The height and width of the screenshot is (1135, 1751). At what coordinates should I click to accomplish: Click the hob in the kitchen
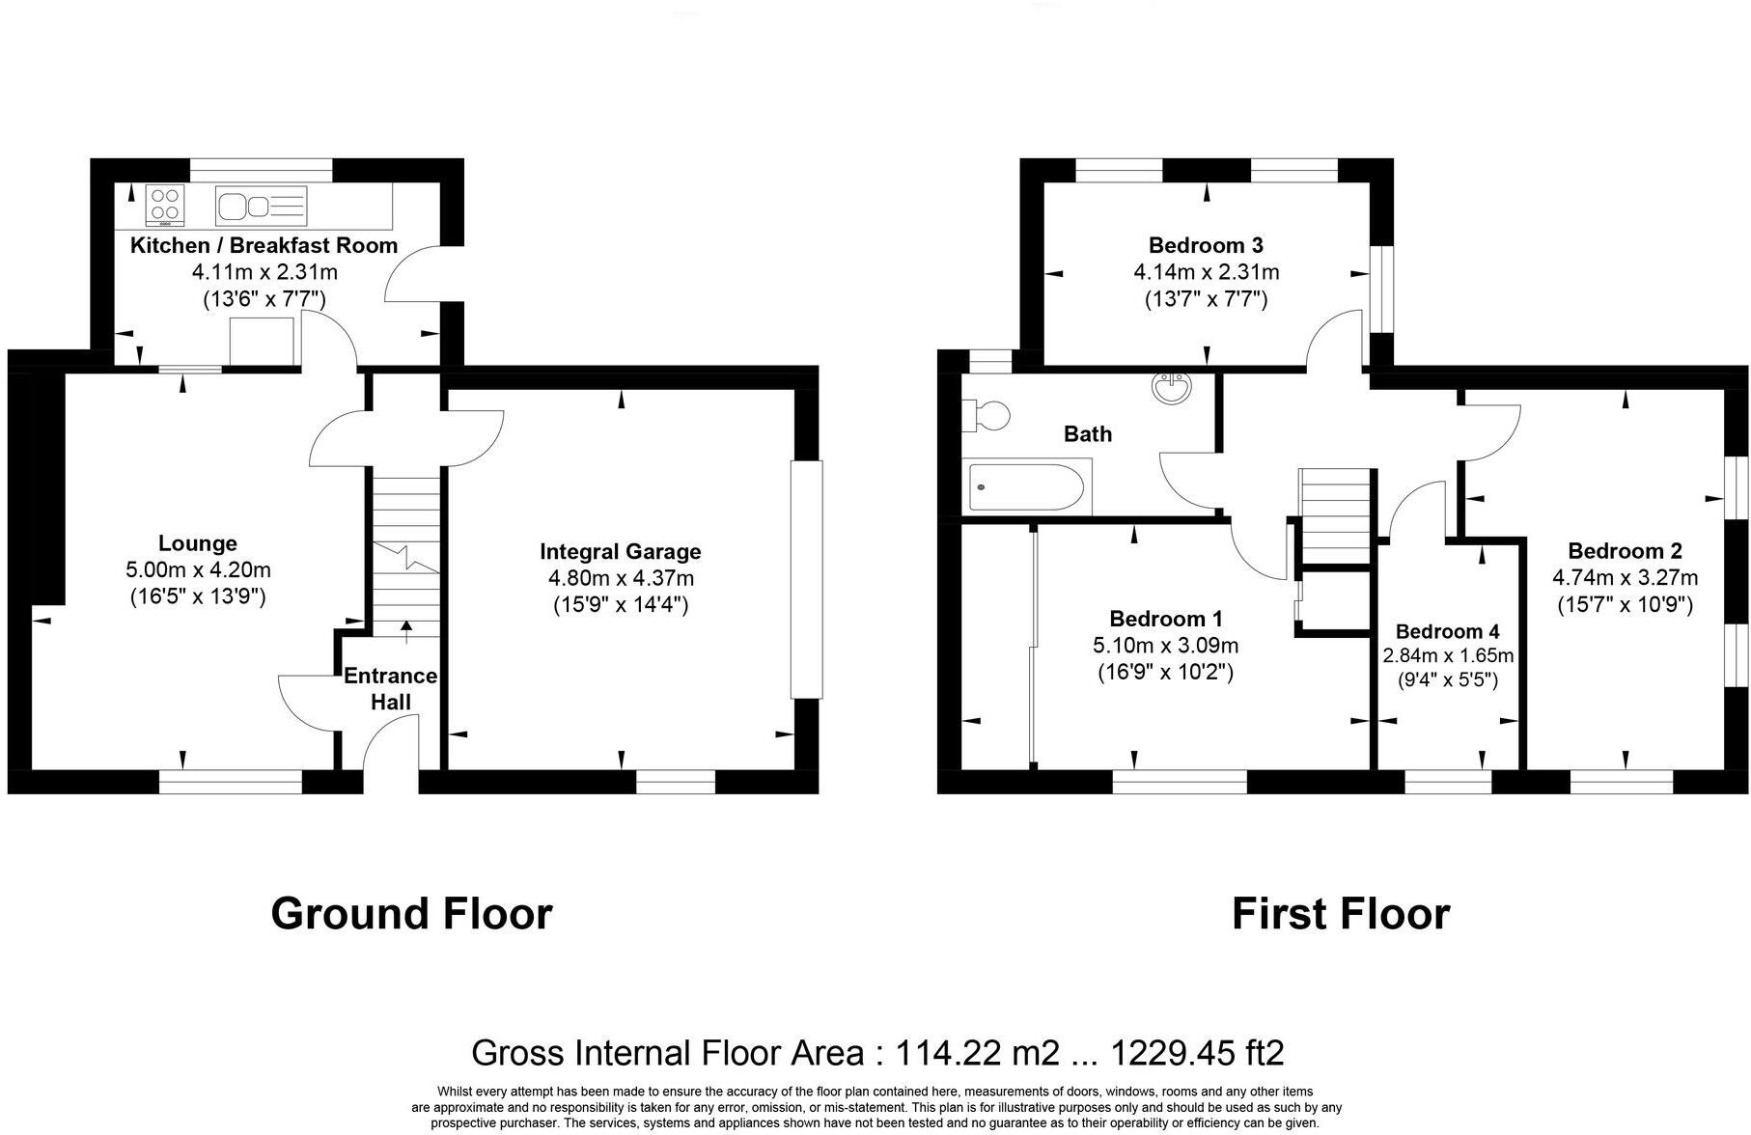click(165, 205)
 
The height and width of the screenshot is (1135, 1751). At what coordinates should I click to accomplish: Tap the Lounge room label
click(198, 543)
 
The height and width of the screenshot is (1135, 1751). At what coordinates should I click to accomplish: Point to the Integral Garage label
click(620, 552)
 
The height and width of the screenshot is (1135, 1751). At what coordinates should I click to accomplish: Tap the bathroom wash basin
click(1172, 388)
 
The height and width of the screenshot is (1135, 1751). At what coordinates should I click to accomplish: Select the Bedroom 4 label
click(1447, 632)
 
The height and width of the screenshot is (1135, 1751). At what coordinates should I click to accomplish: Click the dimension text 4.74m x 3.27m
click(1625, 578)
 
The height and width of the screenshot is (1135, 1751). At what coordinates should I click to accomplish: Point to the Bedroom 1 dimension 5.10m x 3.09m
click(1165, 646)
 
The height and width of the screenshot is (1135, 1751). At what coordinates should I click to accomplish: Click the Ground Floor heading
click(411, 913)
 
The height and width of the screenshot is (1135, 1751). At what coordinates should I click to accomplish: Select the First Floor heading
click(1340, 913)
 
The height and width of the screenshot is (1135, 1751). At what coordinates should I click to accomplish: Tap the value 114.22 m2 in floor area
click(978, 1052)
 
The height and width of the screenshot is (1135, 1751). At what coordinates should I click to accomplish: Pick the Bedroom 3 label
click(1206, 245)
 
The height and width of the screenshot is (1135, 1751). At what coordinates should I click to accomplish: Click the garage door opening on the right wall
click(806, 579)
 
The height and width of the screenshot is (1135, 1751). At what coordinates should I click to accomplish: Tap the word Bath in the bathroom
click(1087, 434)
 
